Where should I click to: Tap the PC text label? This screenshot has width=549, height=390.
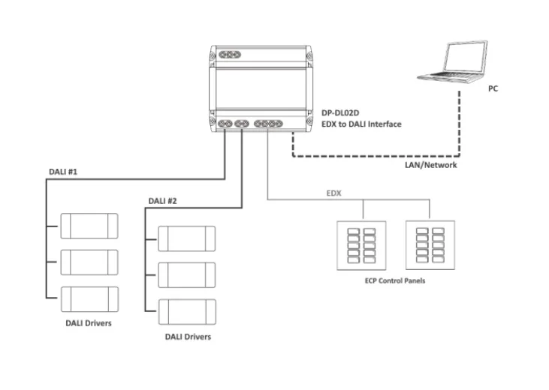click(x=493, y=88)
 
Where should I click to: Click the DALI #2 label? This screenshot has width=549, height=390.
click(x=163, y=201)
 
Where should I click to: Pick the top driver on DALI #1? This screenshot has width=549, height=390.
click(x=89, y=224)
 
